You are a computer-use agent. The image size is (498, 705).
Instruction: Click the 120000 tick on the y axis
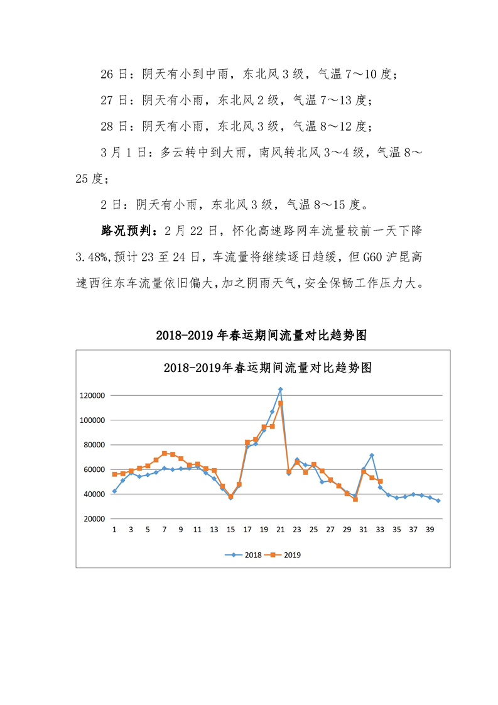pyautogui.click(x=92, y=396)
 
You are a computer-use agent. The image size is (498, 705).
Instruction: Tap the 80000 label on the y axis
pyautogui.click(x=94, y=445)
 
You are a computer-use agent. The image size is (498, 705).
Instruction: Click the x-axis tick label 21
pyautogui.click(x=280, y=530)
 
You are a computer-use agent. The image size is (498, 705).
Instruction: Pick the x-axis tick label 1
pyautogui.click(x=114, y=530)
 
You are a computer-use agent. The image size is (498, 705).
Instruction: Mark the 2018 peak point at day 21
pyautogui.click(x=280, y=390)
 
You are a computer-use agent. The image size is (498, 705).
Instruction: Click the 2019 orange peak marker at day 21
pyautogui.click(x=281, y=403)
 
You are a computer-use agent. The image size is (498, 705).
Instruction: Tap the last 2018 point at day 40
pyautogui.click(x=438, y=501)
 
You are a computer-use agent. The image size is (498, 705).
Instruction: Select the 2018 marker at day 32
pyautogui.click(x=372, y=455)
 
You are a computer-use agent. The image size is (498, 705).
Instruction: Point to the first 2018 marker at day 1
pyautogui.click(x=114, y=491)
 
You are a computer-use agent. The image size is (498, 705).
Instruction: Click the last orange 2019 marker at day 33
pyautogui.click(x=380, y=481)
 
